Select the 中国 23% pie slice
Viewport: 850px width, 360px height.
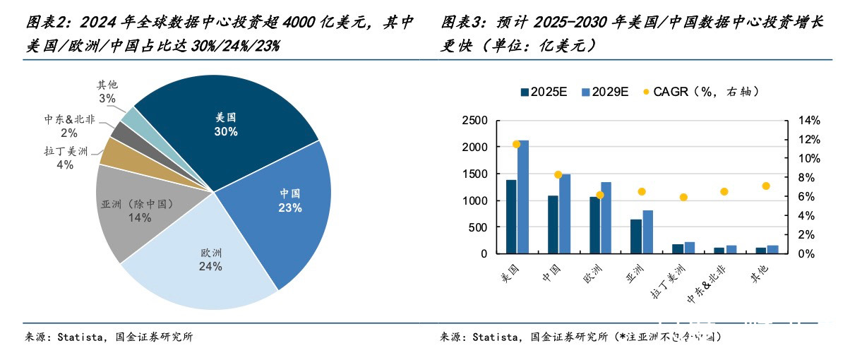click(289, 200)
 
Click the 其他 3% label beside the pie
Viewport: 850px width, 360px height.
click(107, 92)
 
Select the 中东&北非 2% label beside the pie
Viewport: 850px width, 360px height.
click(68, 126)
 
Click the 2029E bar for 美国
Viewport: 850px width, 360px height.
click(523, 197)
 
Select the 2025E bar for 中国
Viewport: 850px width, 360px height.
click(553, 224)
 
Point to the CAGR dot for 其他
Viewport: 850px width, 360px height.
click(765, 186)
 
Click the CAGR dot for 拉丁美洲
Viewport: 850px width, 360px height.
click(683, 198)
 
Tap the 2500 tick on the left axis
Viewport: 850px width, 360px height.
click(474, 121)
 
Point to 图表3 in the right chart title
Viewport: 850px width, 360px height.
click(458, 23)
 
